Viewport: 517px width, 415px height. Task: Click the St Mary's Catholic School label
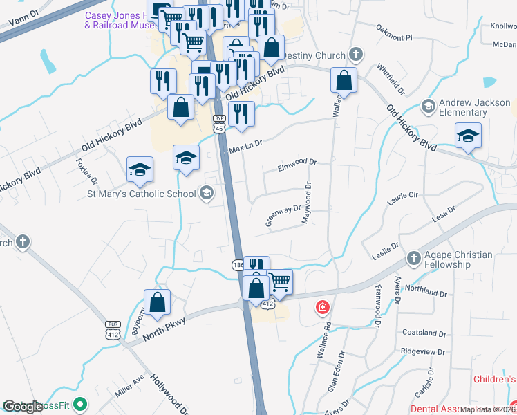coord(141,194)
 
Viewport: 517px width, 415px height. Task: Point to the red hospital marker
coord(323,306)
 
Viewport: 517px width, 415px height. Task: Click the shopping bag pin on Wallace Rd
coord(344,80)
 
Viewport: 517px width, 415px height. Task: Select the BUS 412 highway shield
coord(113,329)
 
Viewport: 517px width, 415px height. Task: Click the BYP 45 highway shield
coord(219,123)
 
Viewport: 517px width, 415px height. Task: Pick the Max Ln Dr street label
coord(246,147)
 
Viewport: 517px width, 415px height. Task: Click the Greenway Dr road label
coord(283,214)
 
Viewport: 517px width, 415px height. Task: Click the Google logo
coord(23,406)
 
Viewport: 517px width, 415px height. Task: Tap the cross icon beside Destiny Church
coord(356,54)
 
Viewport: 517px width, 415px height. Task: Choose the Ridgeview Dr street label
coord(422,351)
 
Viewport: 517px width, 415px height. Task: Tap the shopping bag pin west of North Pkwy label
coord(158,302)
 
